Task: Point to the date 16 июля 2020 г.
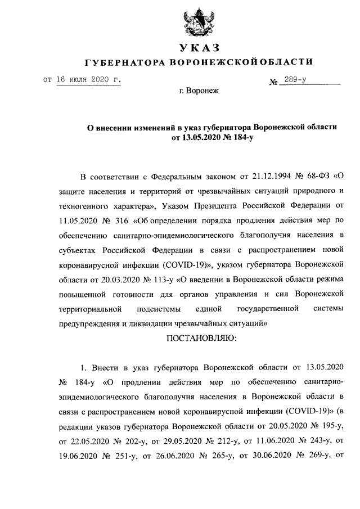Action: (89, 80)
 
